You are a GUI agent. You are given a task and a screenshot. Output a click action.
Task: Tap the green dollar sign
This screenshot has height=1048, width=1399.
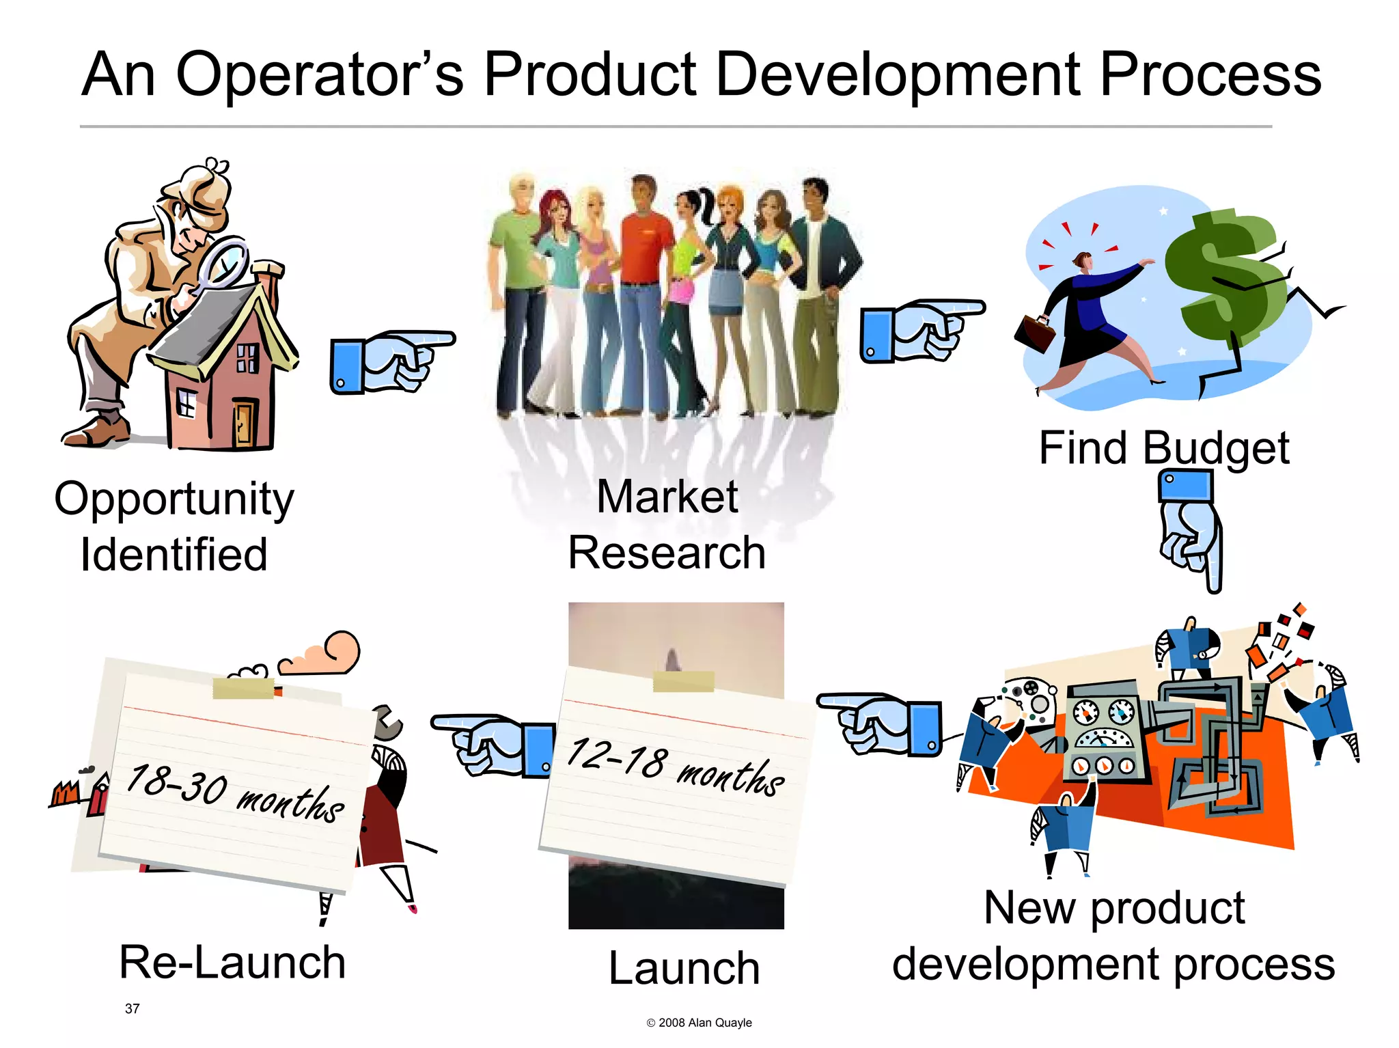click(x=1223, y=273)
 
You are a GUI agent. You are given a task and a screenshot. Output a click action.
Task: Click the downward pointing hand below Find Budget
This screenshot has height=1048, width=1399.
click(x=1190, y=529)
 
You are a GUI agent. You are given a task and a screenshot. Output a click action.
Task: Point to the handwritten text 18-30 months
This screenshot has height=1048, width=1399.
click(x=236, y=792)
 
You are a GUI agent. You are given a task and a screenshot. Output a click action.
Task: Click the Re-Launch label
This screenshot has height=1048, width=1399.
click(x=232, y=962)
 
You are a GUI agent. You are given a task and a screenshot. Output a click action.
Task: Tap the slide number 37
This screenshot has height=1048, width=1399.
click(x=133, y=1008)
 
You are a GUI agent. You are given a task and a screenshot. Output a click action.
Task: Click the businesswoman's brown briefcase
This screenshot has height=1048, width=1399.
click(x=1034, y=333)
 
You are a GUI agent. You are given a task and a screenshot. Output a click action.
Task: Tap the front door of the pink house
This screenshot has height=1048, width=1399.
click(x=243, y=424)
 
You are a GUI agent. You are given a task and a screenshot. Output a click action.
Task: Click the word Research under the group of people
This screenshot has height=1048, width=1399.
click(x=667, y=553)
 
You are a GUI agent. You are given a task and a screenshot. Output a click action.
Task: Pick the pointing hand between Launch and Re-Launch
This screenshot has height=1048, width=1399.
click(x=492, y=745)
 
